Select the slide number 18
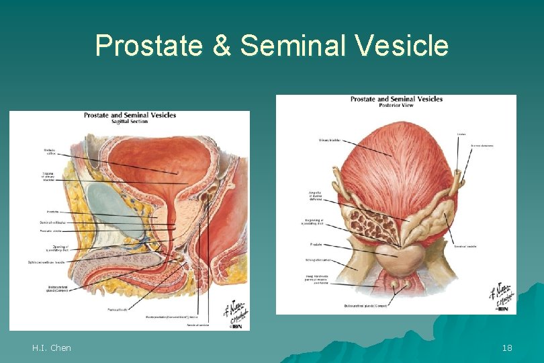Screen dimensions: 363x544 (507, 348)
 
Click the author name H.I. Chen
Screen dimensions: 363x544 (51, 348)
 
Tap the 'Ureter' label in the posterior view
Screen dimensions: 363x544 (461, 134)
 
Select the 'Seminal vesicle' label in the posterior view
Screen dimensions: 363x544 (465, 246)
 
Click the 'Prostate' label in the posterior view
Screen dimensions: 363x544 (316, 244)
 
